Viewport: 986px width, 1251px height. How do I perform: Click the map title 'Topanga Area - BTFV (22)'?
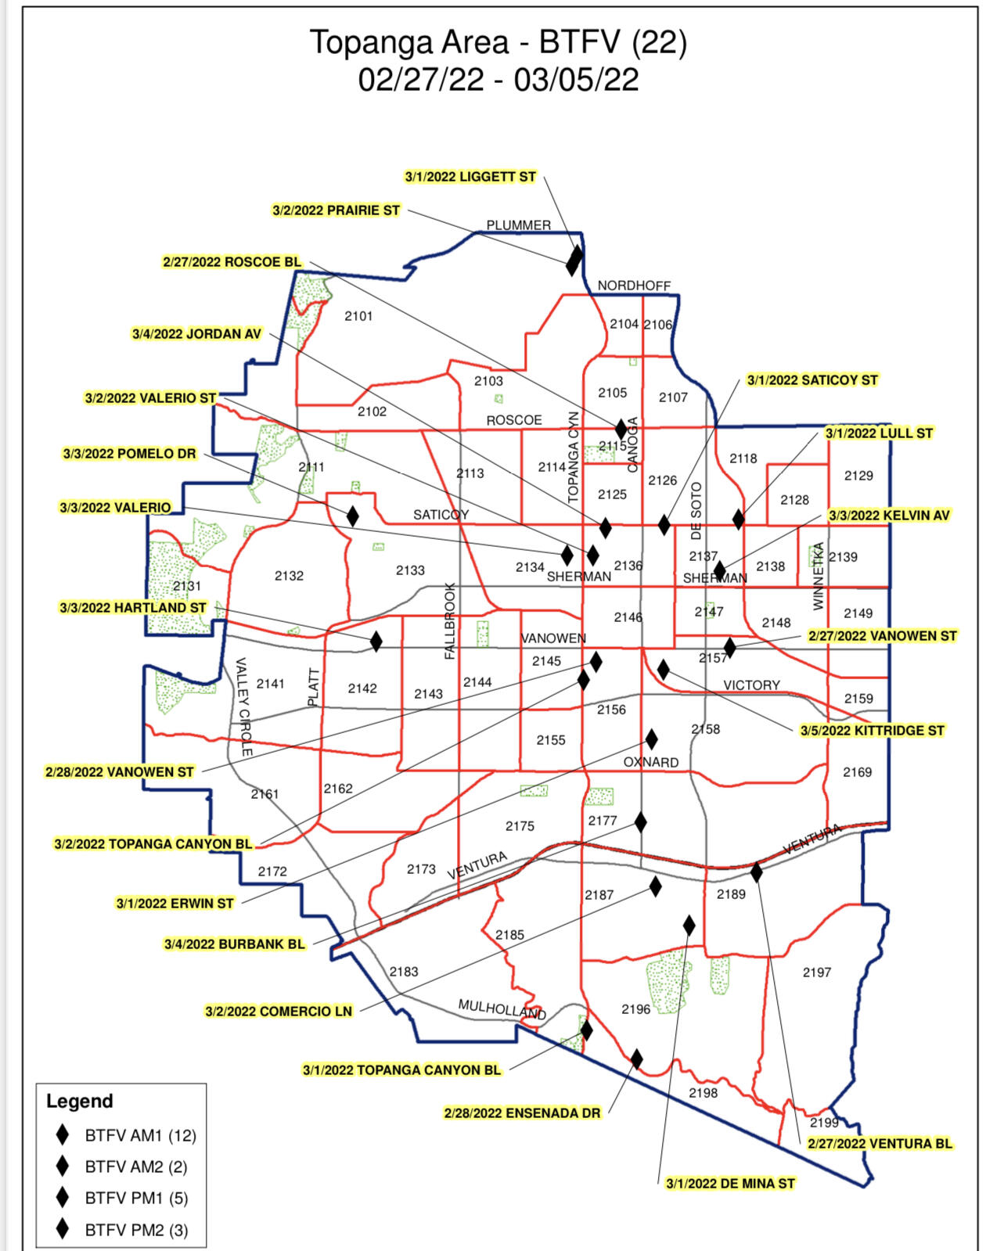(498, 42)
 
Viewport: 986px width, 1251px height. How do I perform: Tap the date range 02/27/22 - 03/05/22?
(498, 80)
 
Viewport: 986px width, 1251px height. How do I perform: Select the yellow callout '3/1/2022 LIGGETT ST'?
(470, 177)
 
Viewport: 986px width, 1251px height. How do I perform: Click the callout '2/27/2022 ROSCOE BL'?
(232, 262)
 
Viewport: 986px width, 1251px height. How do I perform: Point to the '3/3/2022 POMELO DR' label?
(129, 454)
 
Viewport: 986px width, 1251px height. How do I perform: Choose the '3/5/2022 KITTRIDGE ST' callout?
(872, 731)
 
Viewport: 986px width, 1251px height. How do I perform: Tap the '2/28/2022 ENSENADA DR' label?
(522, 1113)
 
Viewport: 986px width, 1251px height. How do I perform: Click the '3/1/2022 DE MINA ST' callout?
(729, 1184)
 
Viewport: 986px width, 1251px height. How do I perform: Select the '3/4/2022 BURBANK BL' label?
(234, 944)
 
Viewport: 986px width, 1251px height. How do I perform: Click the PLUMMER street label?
(518, 225)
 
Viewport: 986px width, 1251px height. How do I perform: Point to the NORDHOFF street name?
(634, 286)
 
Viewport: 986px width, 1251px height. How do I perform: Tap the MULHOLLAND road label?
(502, 1009)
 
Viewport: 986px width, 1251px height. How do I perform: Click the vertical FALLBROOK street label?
(450, 620)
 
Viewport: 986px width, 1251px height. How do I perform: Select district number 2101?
(358, 316)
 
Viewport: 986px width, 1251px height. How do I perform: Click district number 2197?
(816, 972)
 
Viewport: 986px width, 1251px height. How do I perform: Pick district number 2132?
(289, 576)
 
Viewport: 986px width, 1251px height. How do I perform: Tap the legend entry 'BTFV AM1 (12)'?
(140, 1135)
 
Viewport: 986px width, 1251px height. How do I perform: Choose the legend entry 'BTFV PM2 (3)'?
(136, 1230)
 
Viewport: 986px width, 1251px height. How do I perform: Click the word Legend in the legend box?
(80, 1101)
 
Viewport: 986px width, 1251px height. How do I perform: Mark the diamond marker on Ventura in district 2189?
(756, 872)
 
